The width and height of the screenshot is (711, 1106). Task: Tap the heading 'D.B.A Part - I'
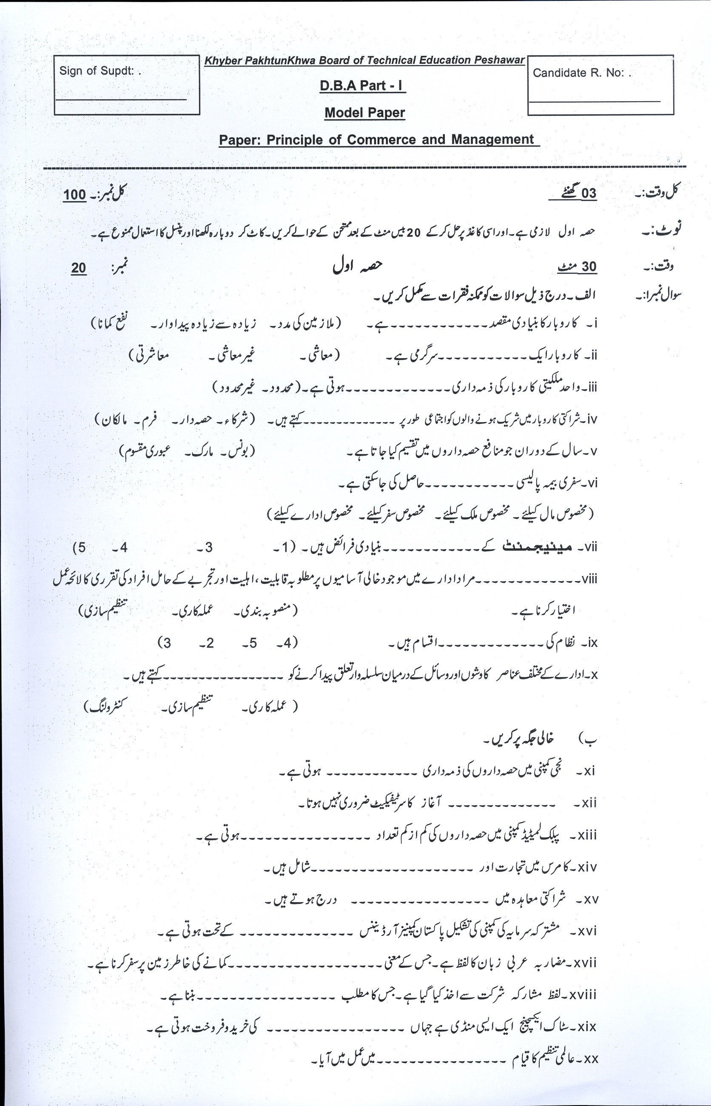[x=362, y=86]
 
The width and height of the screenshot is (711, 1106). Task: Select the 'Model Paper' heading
[x=365, y=113]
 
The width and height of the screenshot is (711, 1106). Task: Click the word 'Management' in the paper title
[x=492, y=140]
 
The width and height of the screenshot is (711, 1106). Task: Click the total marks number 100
[x=75, y=194]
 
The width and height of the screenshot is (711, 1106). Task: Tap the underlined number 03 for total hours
[x=589, y=194]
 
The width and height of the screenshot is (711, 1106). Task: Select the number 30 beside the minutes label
[x=589, y=267]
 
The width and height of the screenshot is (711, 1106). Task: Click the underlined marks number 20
[x=79, y=268]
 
